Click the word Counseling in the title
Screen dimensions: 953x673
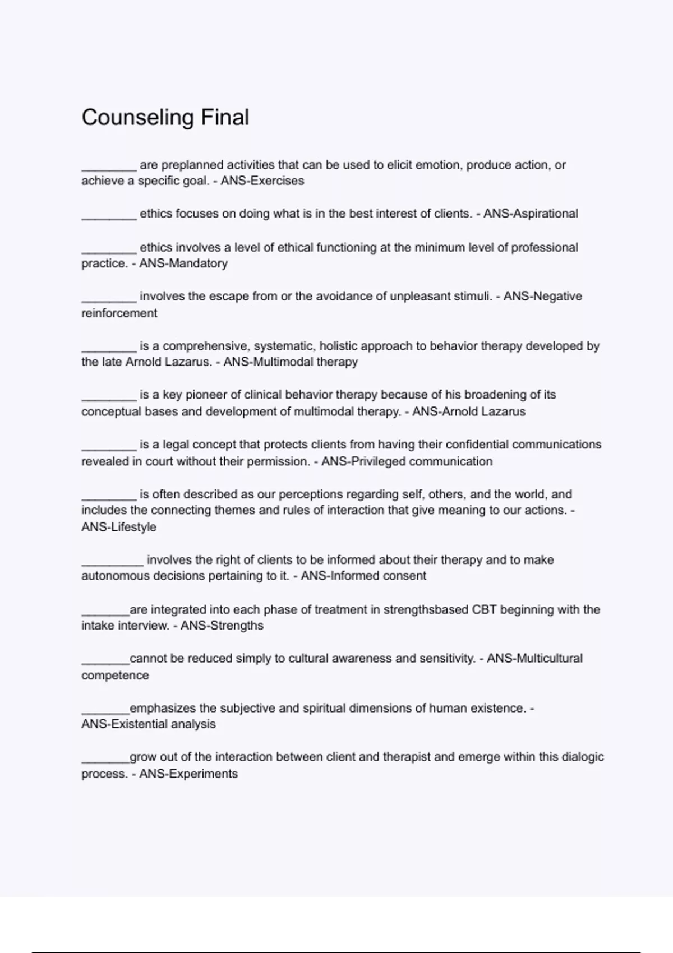[x=137, y=118]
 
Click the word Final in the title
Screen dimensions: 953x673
[x=225, y=118]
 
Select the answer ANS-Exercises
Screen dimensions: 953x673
[x=262, y=181]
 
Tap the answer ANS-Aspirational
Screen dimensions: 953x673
[x=531, y=214]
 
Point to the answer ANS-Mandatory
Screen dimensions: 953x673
[x=183, y=263]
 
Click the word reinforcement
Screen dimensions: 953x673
[x=119, y=313]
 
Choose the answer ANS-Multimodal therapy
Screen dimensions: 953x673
[x=291, y=362]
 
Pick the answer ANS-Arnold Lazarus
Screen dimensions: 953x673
[x=469, y=412]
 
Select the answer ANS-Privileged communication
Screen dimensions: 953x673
[x=407, y=461]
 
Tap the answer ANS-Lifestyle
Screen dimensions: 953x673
[x=119, y=527]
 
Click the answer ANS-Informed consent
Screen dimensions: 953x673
[x=363, y=576]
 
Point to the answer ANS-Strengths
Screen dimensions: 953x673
[x=222, y=626]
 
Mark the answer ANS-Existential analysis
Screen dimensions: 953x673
[x=149, y=724]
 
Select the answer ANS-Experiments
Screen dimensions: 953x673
[x=188, y=774]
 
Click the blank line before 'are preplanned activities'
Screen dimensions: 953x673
[x=109, y=166]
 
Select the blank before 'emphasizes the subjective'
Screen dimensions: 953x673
[x=105, y=710]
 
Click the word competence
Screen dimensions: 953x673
[x=115, y=676]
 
